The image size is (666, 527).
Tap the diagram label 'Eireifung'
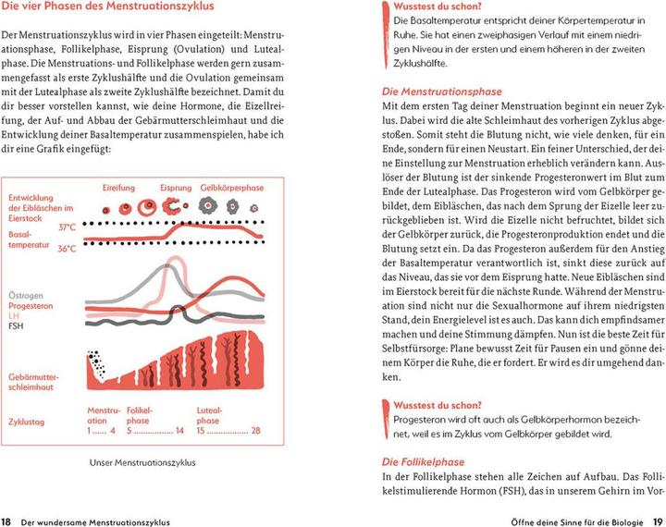tap(119, 188)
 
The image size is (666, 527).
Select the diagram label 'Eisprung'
tap(176, 188)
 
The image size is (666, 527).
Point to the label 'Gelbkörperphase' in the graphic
tap(232, 188)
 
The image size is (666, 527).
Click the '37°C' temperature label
tap(67, 227)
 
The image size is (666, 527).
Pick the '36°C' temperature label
tap(67, 249)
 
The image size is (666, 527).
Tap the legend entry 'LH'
tap(13, 341)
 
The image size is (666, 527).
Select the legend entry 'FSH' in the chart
tap(16, 351)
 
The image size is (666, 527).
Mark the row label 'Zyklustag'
tap(29, 421)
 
